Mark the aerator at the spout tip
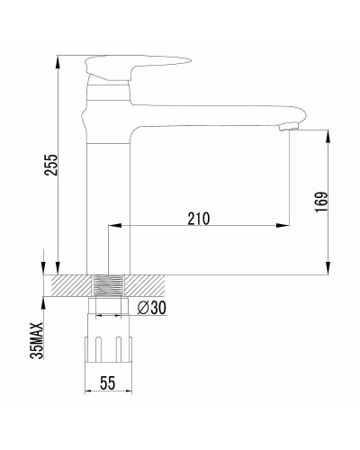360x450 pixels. click(x=288, y=126)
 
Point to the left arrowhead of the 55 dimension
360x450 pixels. click(x=88, y=392)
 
